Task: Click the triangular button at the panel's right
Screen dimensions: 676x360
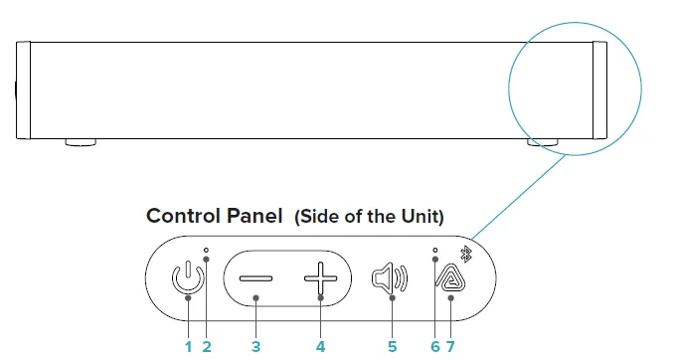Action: click(452, 277)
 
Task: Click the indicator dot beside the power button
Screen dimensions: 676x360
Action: click(206, 249)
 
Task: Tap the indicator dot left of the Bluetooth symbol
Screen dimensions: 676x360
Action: click(435, 250)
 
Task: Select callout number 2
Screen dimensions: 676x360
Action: click(207, 346)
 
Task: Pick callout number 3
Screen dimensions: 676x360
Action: click(255, 346)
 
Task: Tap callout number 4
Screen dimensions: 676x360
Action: click(320, 346)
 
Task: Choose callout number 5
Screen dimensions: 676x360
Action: click(393, 346)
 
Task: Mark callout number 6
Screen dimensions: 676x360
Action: click(435, 346)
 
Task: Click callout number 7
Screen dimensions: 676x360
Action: click(452, 346)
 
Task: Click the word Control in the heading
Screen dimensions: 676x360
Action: click(182, 216)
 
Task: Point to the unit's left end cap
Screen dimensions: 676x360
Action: click(25, 90)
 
